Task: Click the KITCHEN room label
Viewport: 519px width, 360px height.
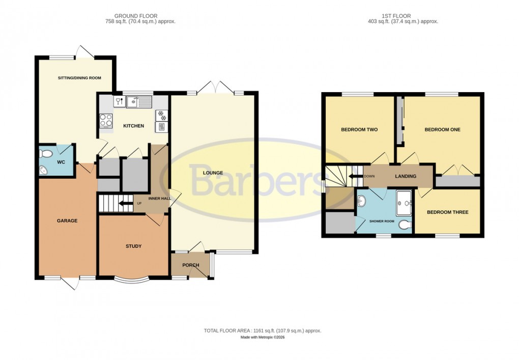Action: [x=133, y=126]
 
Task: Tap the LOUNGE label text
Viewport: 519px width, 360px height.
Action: [x=213, y=173]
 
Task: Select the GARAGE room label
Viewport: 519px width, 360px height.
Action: [x=67, y=220]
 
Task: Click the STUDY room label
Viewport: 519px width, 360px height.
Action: [x=133, y=246]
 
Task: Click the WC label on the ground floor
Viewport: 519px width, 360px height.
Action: [x=61, y=162]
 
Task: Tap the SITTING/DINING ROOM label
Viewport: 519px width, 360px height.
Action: [x=78, y=78]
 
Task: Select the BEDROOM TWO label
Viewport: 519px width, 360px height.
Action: [x=359, y=129]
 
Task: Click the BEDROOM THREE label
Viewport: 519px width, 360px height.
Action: [x=447, y=212]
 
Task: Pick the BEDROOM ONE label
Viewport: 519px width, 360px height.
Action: [x=442, y=129]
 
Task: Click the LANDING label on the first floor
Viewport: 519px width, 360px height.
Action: [x=406, y=176]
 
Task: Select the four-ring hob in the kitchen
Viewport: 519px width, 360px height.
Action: [x=106, y=120]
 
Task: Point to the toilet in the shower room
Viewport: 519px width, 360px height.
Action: [x=405, y=225]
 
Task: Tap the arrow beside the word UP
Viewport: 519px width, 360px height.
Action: [x=122, y=205]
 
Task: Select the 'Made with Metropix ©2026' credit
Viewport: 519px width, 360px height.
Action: [x=263, y=338]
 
